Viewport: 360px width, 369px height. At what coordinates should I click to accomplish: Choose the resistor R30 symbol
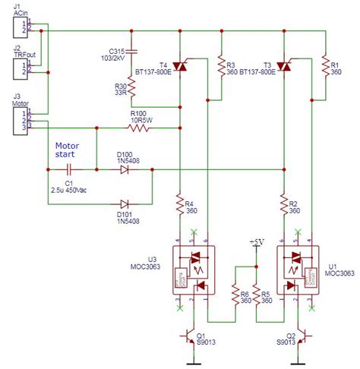click(131, 90)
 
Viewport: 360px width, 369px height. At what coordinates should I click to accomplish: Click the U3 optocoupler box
click(194, 273)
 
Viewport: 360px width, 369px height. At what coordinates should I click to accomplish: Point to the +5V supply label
click(257, 242)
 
